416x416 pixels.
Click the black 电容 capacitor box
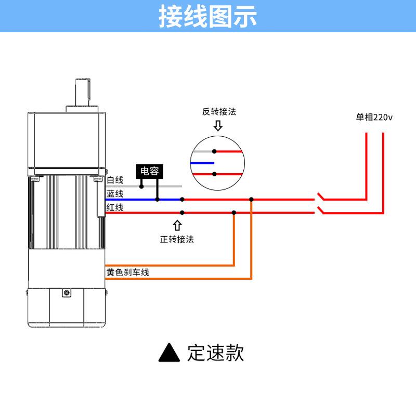coord(150,172)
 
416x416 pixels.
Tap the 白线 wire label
coord(115,180)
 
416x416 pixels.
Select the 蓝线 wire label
coord(115,193)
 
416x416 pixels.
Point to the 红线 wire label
coord(115,207)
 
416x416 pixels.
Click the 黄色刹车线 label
coord(127,272)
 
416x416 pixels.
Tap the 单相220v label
coord(374,117)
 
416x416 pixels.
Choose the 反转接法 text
coord(219,111)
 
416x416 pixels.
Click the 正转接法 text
coord(177,239)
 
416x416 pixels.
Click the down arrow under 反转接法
coord(218,126)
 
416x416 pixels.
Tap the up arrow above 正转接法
coord(177,226)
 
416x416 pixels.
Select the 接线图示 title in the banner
coord(207,17)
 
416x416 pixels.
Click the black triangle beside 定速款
coord(170,353)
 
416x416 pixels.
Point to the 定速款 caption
coord(215,353)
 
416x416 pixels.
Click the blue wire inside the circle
coord(202,163)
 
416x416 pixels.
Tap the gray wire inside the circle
coord(203,151)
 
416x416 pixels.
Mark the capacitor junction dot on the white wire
coord(141,187)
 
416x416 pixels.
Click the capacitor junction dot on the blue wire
coord(158,200)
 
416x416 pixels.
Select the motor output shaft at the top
coord(83,92)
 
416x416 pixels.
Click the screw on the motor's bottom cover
coord(67,293)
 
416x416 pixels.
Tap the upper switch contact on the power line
coord(320,197)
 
